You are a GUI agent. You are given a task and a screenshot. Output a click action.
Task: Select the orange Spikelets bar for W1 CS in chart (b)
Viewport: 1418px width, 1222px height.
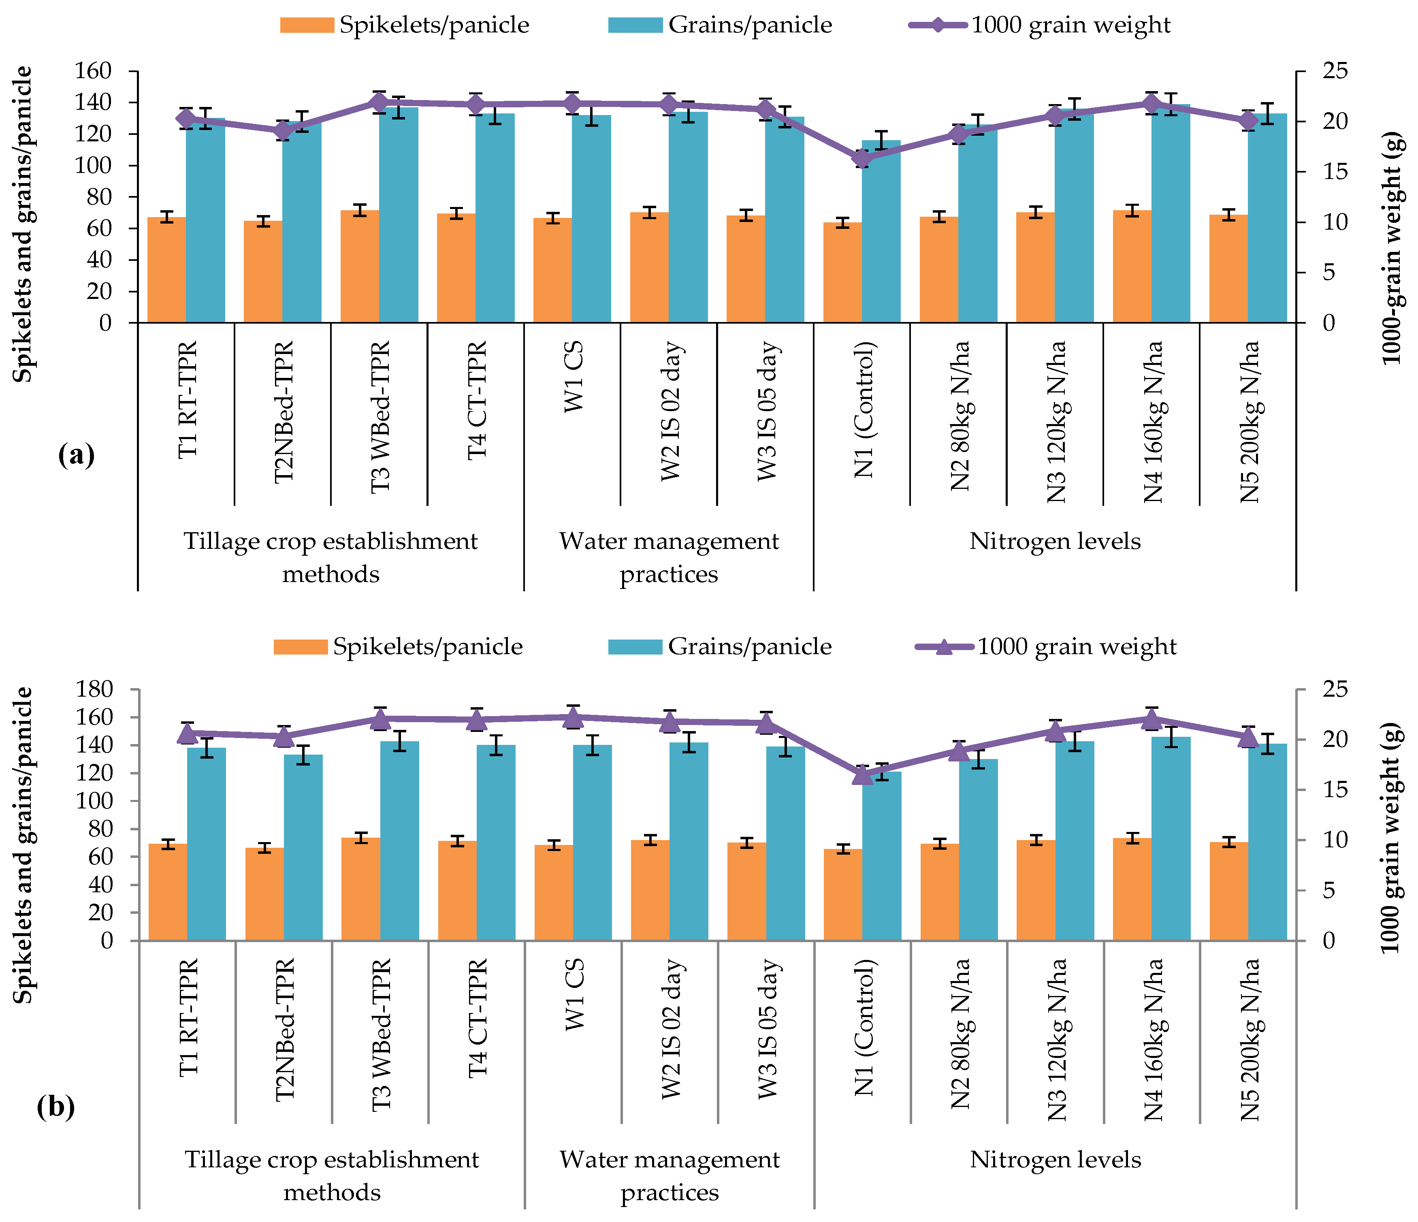[554, 892]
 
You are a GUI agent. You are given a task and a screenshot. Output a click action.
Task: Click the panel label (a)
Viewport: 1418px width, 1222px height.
[77, 455]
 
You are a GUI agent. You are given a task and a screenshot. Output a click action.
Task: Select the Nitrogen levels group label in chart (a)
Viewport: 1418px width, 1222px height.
[1055, 541]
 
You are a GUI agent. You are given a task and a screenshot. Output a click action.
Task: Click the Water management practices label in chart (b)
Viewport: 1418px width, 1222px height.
[669, 1175]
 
